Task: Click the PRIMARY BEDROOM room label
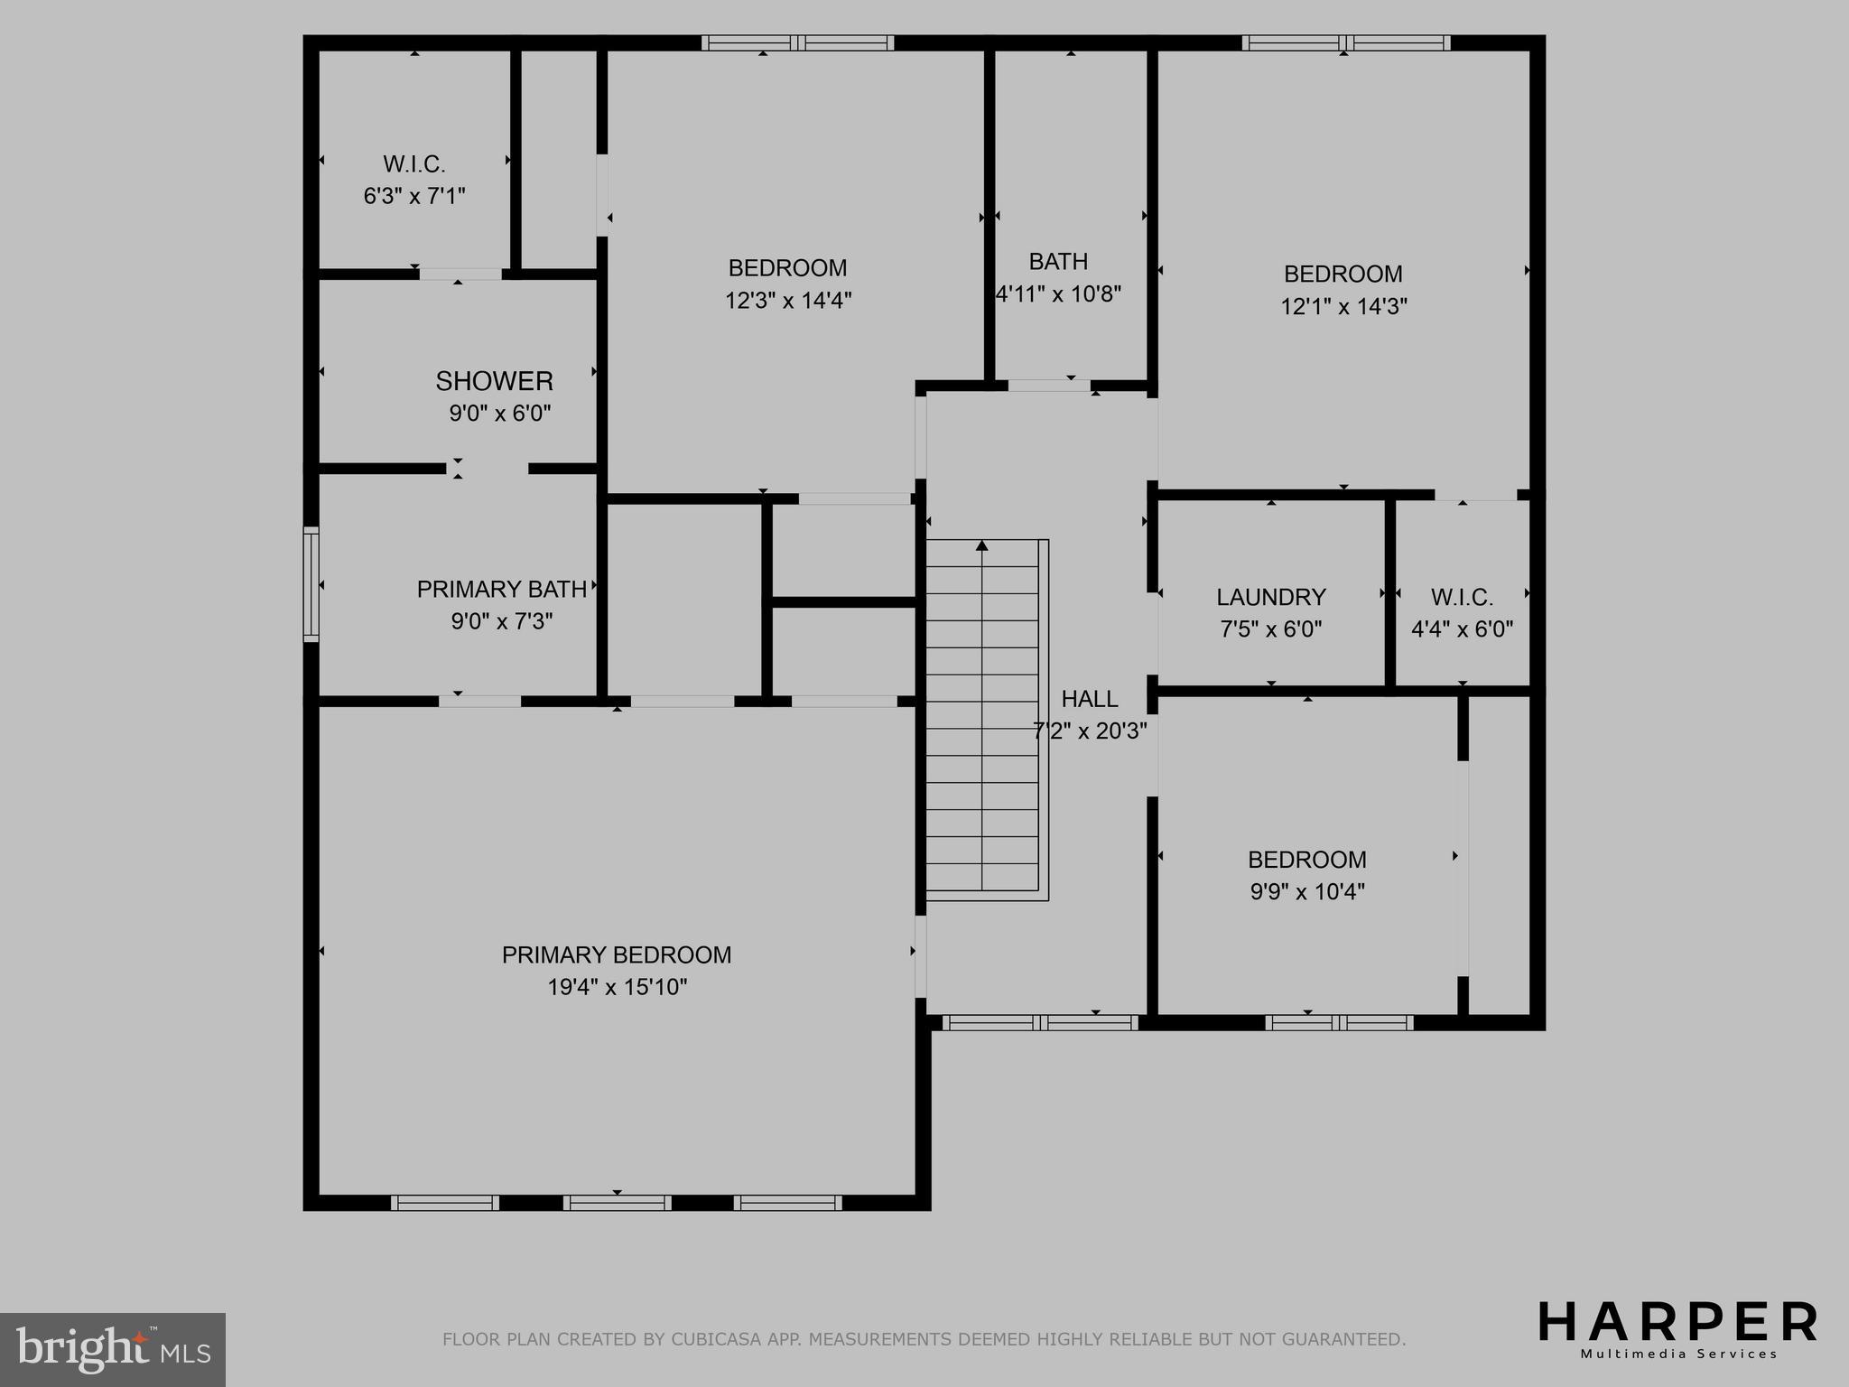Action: [x=617, y=954]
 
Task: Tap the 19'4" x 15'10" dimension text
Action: [x=617, y=987]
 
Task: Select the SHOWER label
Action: [x=494, y=381]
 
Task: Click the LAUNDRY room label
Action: [x=1270, y=597]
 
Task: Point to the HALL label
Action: [x=1089, y=698]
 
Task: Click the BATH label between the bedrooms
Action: [x=1058, y=262]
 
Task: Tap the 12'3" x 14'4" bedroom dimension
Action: [x=788, y=300]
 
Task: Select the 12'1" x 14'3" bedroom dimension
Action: [x=1343, y=306]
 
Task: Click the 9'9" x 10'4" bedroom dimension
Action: [x=1306, y=891]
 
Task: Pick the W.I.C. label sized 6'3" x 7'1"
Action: [x=414, y=164]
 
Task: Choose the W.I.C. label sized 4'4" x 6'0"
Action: [x=1462, y=597]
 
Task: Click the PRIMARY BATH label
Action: [x=501, y=590]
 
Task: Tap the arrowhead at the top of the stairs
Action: [x=982, y=545]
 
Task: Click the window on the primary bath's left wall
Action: [x=311, y=584]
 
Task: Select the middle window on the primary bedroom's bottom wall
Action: [x=617, y=1202]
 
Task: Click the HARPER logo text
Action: [x=1677, y=1324]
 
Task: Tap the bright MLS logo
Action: [x=113, y=1349]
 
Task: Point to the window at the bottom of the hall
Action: [x=1040, y=1022]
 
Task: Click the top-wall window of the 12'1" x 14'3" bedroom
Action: [x=1345, y=42]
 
